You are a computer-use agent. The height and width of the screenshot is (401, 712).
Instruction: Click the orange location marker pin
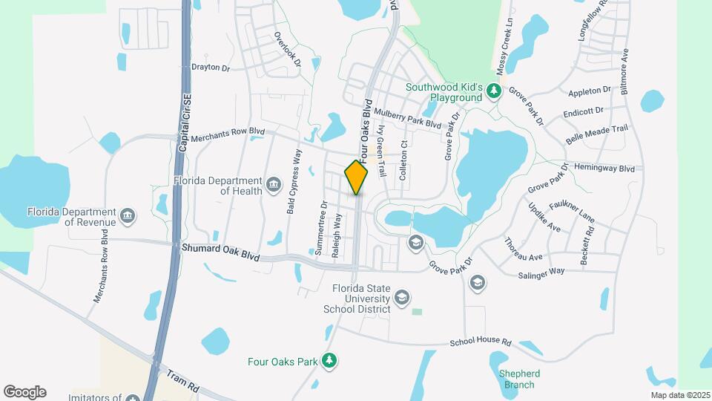(356, 176)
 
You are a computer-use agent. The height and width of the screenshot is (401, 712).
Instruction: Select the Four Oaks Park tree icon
(329, 362)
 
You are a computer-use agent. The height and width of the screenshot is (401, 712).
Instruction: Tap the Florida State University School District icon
(402, 298)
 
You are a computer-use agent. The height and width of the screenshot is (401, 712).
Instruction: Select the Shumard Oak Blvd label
(220, 251)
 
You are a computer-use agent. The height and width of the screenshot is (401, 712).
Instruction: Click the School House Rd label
(481, 343)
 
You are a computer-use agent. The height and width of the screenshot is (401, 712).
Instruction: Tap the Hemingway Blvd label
(604, 169)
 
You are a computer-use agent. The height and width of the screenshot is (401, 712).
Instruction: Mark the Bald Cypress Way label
(294, 182)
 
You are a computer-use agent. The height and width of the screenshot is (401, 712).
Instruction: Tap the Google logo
(24, 392)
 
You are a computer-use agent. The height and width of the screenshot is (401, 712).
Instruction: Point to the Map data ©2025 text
(679, 395)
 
